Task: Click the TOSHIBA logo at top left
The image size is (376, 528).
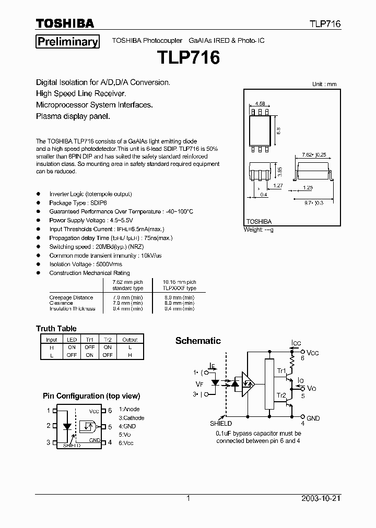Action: pyautogui.click(x=65, y=23)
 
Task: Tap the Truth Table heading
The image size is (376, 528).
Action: pyautogui.click(x=56, y=329)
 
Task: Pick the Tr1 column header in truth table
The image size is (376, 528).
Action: pyautogui.click(x=89, y=339)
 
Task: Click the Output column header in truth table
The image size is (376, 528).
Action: pyautogui.click(x=130, y=339)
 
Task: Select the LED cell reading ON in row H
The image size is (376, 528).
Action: pyautogui.click(x=72, y=347)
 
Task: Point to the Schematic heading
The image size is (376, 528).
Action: pyautogui.click(x=198, y=341)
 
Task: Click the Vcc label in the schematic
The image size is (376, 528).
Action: pyautogui.click(x=312, y=353)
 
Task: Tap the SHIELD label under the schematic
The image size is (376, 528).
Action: pyautogui.click(x=221, y=424)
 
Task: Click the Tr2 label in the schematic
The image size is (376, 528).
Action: pyautogui.click(x=281, y=395)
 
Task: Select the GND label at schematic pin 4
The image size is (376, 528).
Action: pyautogui.click(x=313, y=418)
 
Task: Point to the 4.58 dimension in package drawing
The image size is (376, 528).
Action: pyautogui.click(x=260, y=104)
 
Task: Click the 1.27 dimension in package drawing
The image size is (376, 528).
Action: pyautogui.click(x=278, y=185)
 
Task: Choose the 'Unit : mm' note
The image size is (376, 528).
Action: pyautogui.click(x=324, y=84)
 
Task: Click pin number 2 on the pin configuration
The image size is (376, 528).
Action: pyautogui.click(x=48, y=426)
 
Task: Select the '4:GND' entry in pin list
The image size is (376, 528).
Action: pyautogui.click(x=127, y=426)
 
